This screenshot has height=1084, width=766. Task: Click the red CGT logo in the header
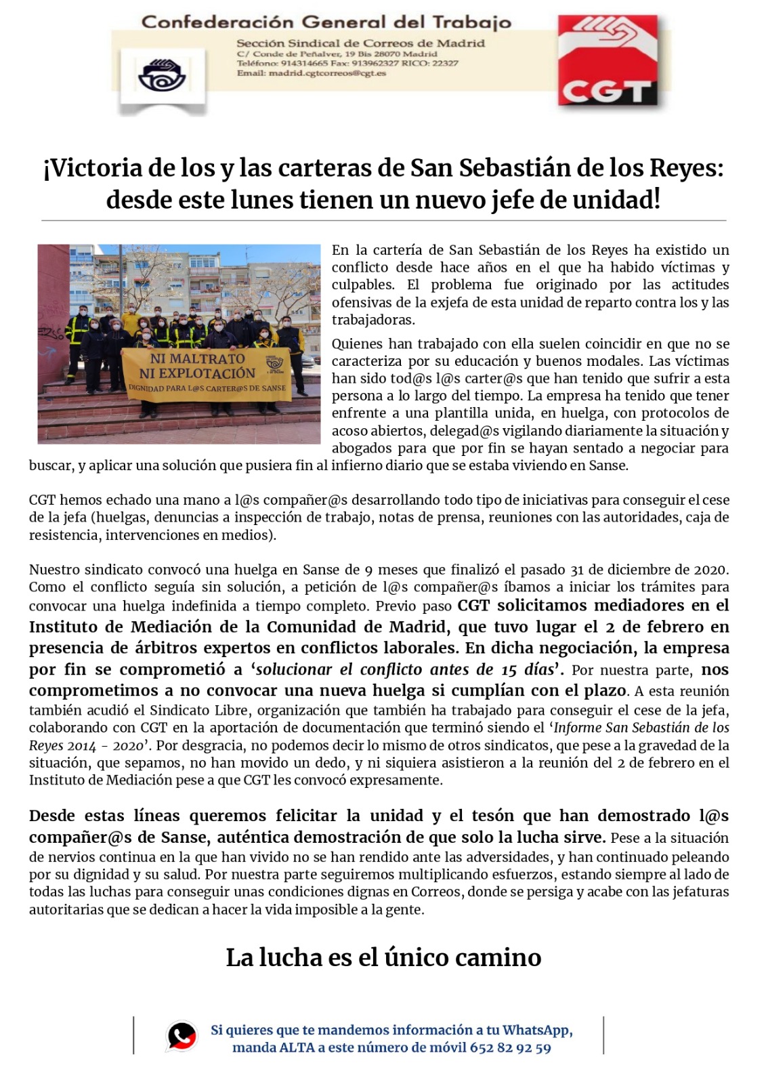pos(608,61)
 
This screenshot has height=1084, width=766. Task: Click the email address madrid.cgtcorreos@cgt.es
pos(327,73)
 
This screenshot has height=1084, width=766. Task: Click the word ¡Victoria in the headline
pos(93,168)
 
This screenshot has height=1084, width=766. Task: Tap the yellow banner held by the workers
pos(207,374)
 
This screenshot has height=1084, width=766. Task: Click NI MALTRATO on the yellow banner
pos(197,358)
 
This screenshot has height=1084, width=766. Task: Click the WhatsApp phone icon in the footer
pos(182,1036)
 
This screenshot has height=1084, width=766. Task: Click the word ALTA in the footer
pos(297,1048)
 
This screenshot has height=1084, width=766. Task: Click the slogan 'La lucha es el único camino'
pos(383,957)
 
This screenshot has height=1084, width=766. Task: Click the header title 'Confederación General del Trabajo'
pos(326,22)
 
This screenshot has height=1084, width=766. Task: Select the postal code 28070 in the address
pos(387,54)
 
